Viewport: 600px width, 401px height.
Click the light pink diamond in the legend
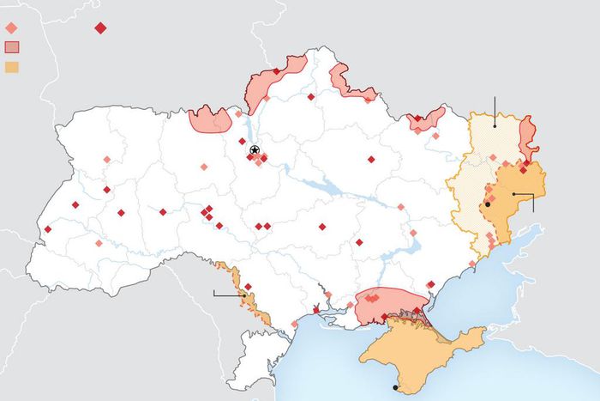[11, 28]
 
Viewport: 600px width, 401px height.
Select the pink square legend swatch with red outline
[11, 47]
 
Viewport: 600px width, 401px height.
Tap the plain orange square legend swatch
[11, 66]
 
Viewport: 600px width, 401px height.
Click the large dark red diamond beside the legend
[100, 28]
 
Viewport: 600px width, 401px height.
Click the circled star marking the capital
[255, 150]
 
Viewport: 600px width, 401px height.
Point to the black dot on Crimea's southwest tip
[395, 388]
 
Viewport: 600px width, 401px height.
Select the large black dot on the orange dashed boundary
[487, 204]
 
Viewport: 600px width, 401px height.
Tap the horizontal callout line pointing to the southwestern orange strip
[227, 295]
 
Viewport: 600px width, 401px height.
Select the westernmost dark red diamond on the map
[48, 229]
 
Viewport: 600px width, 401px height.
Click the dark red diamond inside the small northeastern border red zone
[417, 118]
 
